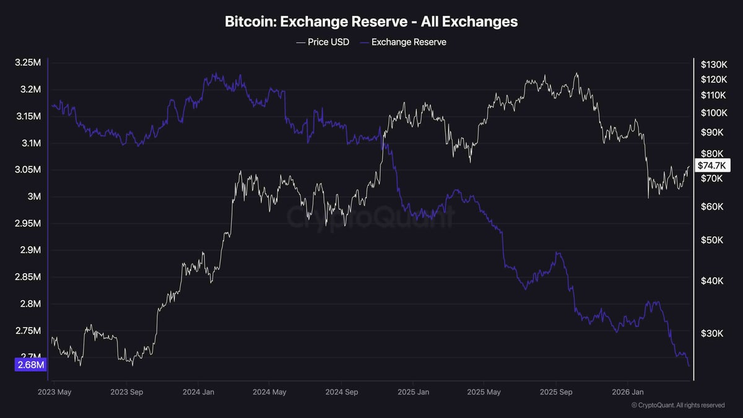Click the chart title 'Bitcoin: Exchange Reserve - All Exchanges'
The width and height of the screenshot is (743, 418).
point(371,22)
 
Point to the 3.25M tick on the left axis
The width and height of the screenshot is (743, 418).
point(28,63)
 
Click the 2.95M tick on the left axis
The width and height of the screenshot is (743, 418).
point(28,224)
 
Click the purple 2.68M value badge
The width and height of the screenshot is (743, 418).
point(30,365)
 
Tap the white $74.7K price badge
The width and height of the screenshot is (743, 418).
point(713,165)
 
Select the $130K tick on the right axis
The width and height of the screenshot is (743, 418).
point(713,64)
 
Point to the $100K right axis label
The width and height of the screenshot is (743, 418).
point(713,113)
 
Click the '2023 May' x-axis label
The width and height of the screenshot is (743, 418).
point(55,392)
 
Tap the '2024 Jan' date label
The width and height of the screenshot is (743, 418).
point(199,392)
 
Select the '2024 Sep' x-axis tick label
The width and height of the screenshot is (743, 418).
point(342,392)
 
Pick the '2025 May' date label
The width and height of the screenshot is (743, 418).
point(485,392)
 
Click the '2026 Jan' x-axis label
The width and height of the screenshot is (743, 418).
point(628,392)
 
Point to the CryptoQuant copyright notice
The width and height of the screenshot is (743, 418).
point(678,406)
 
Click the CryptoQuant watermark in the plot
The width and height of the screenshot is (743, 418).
point(370,217)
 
